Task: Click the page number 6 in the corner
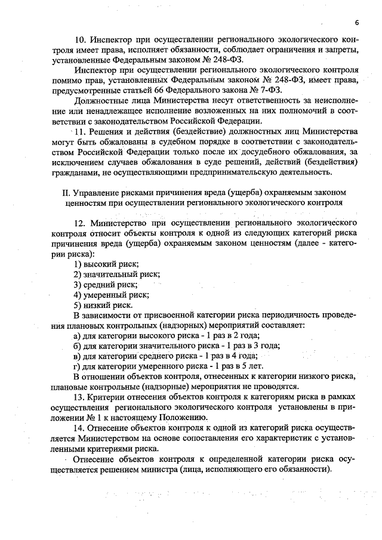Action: (x=356, y=23)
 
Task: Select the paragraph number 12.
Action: (x=79, y=223)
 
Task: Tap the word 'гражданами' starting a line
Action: (x=75, y=172)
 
